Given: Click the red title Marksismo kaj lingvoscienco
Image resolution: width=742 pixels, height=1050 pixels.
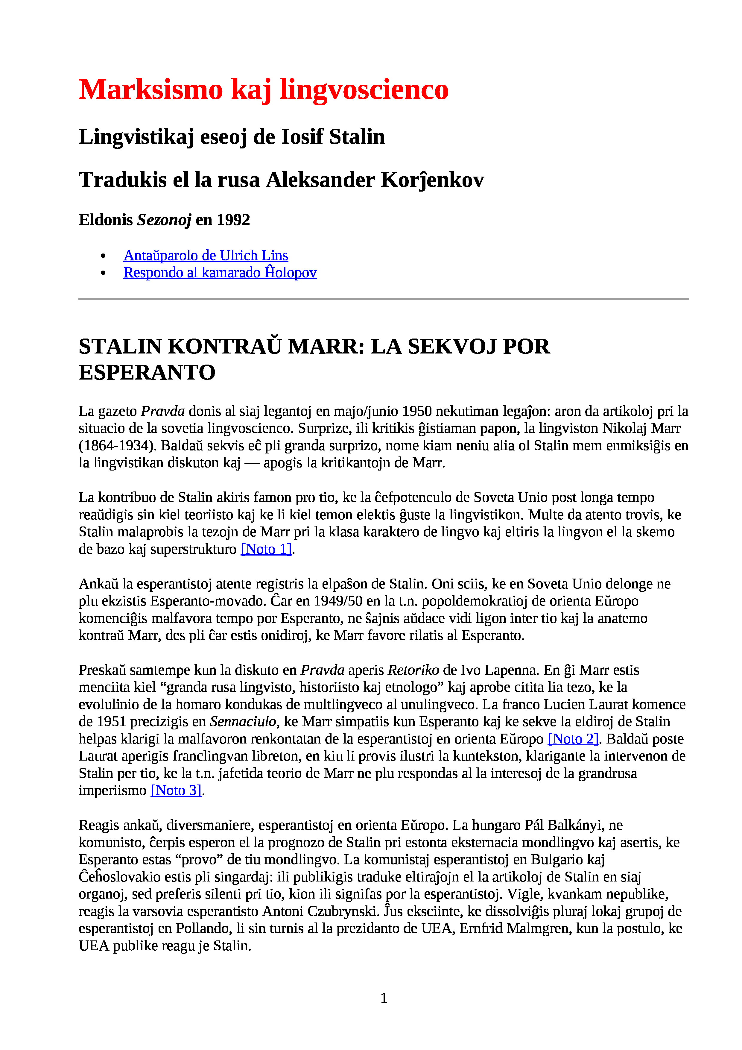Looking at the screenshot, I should tap(263, 89).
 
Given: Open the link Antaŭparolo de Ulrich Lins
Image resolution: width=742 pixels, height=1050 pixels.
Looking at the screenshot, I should tap(206, 255).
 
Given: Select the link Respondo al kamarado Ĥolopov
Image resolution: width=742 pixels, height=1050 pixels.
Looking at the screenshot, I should tap(220, 273).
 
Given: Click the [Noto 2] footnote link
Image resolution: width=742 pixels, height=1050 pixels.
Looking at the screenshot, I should tap(573, 739).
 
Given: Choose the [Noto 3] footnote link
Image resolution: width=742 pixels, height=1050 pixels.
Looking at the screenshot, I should tap(176, 790).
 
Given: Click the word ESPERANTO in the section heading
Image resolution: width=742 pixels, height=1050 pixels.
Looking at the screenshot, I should tap(147, 372).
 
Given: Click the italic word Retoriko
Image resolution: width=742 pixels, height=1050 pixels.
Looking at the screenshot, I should tap(413, 670).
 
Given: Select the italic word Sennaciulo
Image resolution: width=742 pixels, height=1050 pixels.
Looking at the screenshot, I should tap(243, 722).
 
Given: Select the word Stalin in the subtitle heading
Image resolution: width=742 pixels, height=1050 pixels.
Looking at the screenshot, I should tap(357, 137).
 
